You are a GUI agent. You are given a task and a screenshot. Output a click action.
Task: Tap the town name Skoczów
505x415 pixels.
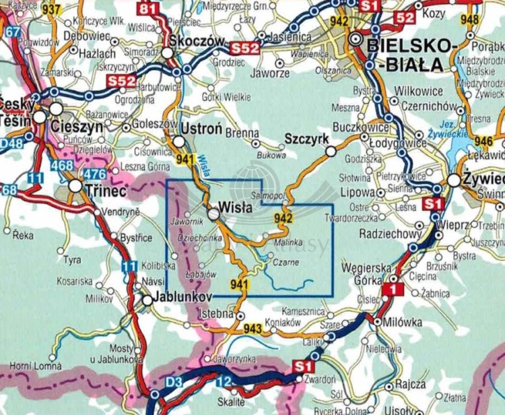(200, 40)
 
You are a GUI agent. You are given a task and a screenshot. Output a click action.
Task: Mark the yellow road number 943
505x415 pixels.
(252, 328)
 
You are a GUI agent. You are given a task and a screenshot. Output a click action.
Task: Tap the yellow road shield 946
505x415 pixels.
(483, 141)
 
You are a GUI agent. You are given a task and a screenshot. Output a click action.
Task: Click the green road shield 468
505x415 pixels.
(61, 165)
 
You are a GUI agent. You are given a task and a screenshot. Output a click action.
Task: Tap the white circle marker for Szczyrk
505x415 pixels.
(331, 152)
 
